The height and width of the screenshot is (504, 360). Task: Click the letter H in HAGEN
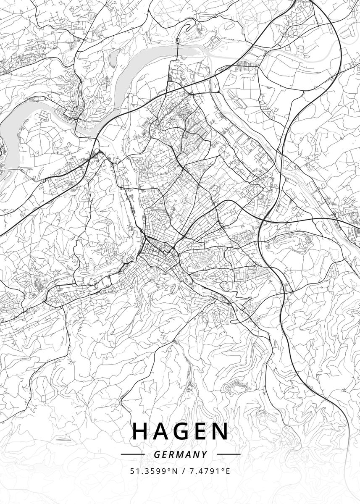140,431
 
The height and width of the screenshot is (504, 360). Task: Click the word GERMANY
180,454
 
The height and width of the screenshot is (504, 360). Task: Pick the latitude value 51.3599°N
152,471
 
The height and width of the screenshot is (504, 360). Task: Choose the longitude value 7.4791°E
210,471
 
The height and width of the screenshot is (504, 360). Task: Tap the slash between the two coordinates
184,471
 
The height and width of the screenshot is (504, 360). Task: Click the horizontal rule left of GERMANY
132,454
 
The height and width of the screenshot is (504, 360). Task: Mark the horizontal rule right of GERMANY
229,454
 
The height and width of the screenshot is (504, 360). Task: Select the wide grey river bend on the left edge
17,122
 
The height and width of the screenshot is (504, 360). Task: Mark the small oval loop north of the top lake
178,41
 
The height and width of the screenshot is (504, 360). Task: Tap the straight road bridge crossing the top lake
178,52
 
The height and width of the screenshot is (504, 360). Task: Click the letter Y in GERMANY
205,454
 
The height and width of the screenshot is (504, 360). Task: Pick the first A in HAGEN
161,431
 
